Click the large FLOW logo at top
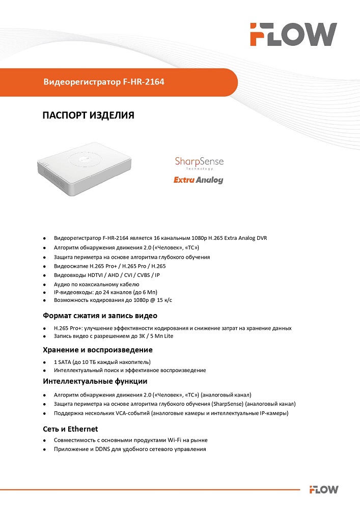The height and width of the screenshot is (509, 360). [x=293, y=34]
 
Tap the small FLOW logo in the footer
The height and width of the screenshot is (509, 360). [x=324, y=490]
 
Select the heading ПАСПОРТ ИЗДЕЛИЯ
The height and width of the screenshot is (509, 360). [x=88, y=116]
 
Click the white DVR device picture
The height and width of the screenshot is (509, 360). [x=84, y=173]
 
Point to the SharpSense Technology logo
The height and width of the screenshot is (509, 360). [x=199, y=163]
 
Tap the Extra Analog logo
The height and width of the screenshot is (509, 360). [x=198, y=180]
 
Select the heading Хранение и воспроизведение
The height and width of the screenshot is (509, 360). [x=98, y=350]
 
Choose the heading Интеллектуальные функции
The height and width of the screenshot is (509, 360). [x=95, y=381]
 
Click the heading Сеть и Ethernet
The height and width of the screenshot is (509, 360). [x=70, y=429]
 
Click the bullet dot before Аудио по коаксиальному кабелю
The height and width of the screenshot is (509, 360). [x=44, y=285]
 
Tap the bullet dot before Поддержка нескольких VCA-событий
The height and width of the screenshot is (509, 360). [x=44, y=413]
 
